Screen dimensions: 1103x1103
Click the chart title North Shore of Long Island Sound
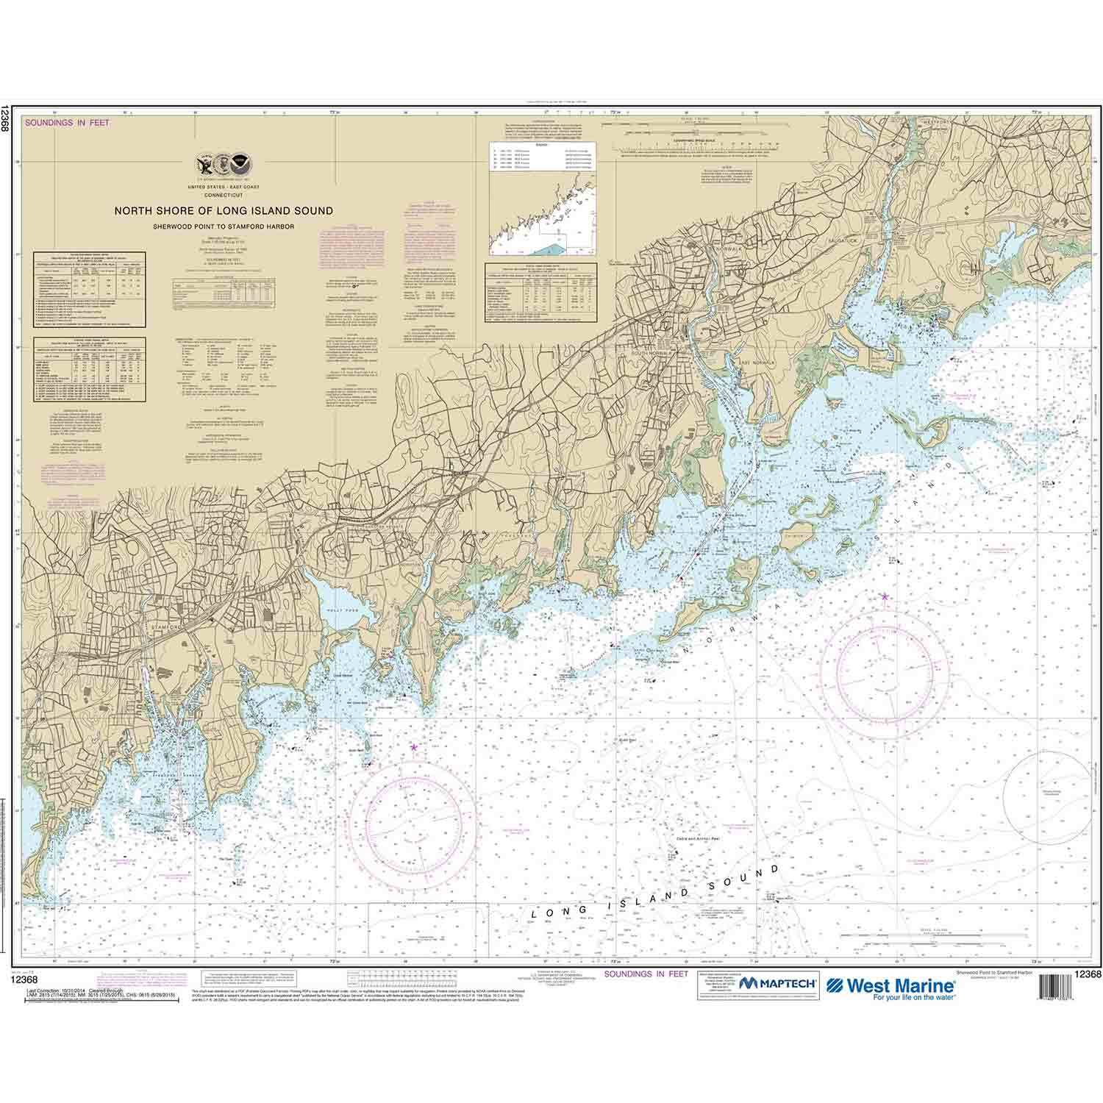223,211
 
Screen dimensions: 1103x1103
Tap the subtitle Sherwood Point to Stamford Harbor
223,226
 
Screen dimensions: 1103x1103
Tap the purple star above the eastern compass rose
884,596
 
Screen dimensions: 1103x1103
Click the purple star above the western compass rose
413,748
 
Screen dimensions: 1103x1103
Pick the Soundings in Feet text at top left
67,123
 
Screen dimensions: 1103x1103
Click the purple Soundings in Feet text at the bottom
645,974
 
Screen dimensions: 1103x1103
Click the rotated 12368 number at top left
6,118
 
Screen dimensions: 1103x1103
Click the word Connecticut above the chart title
223,194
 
